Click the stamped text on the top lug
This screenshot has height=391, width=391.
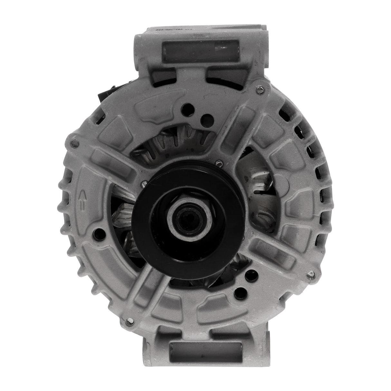tap(171, 30)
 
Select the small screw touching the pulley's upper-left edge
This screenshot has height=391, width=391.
tap(144, 184)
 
